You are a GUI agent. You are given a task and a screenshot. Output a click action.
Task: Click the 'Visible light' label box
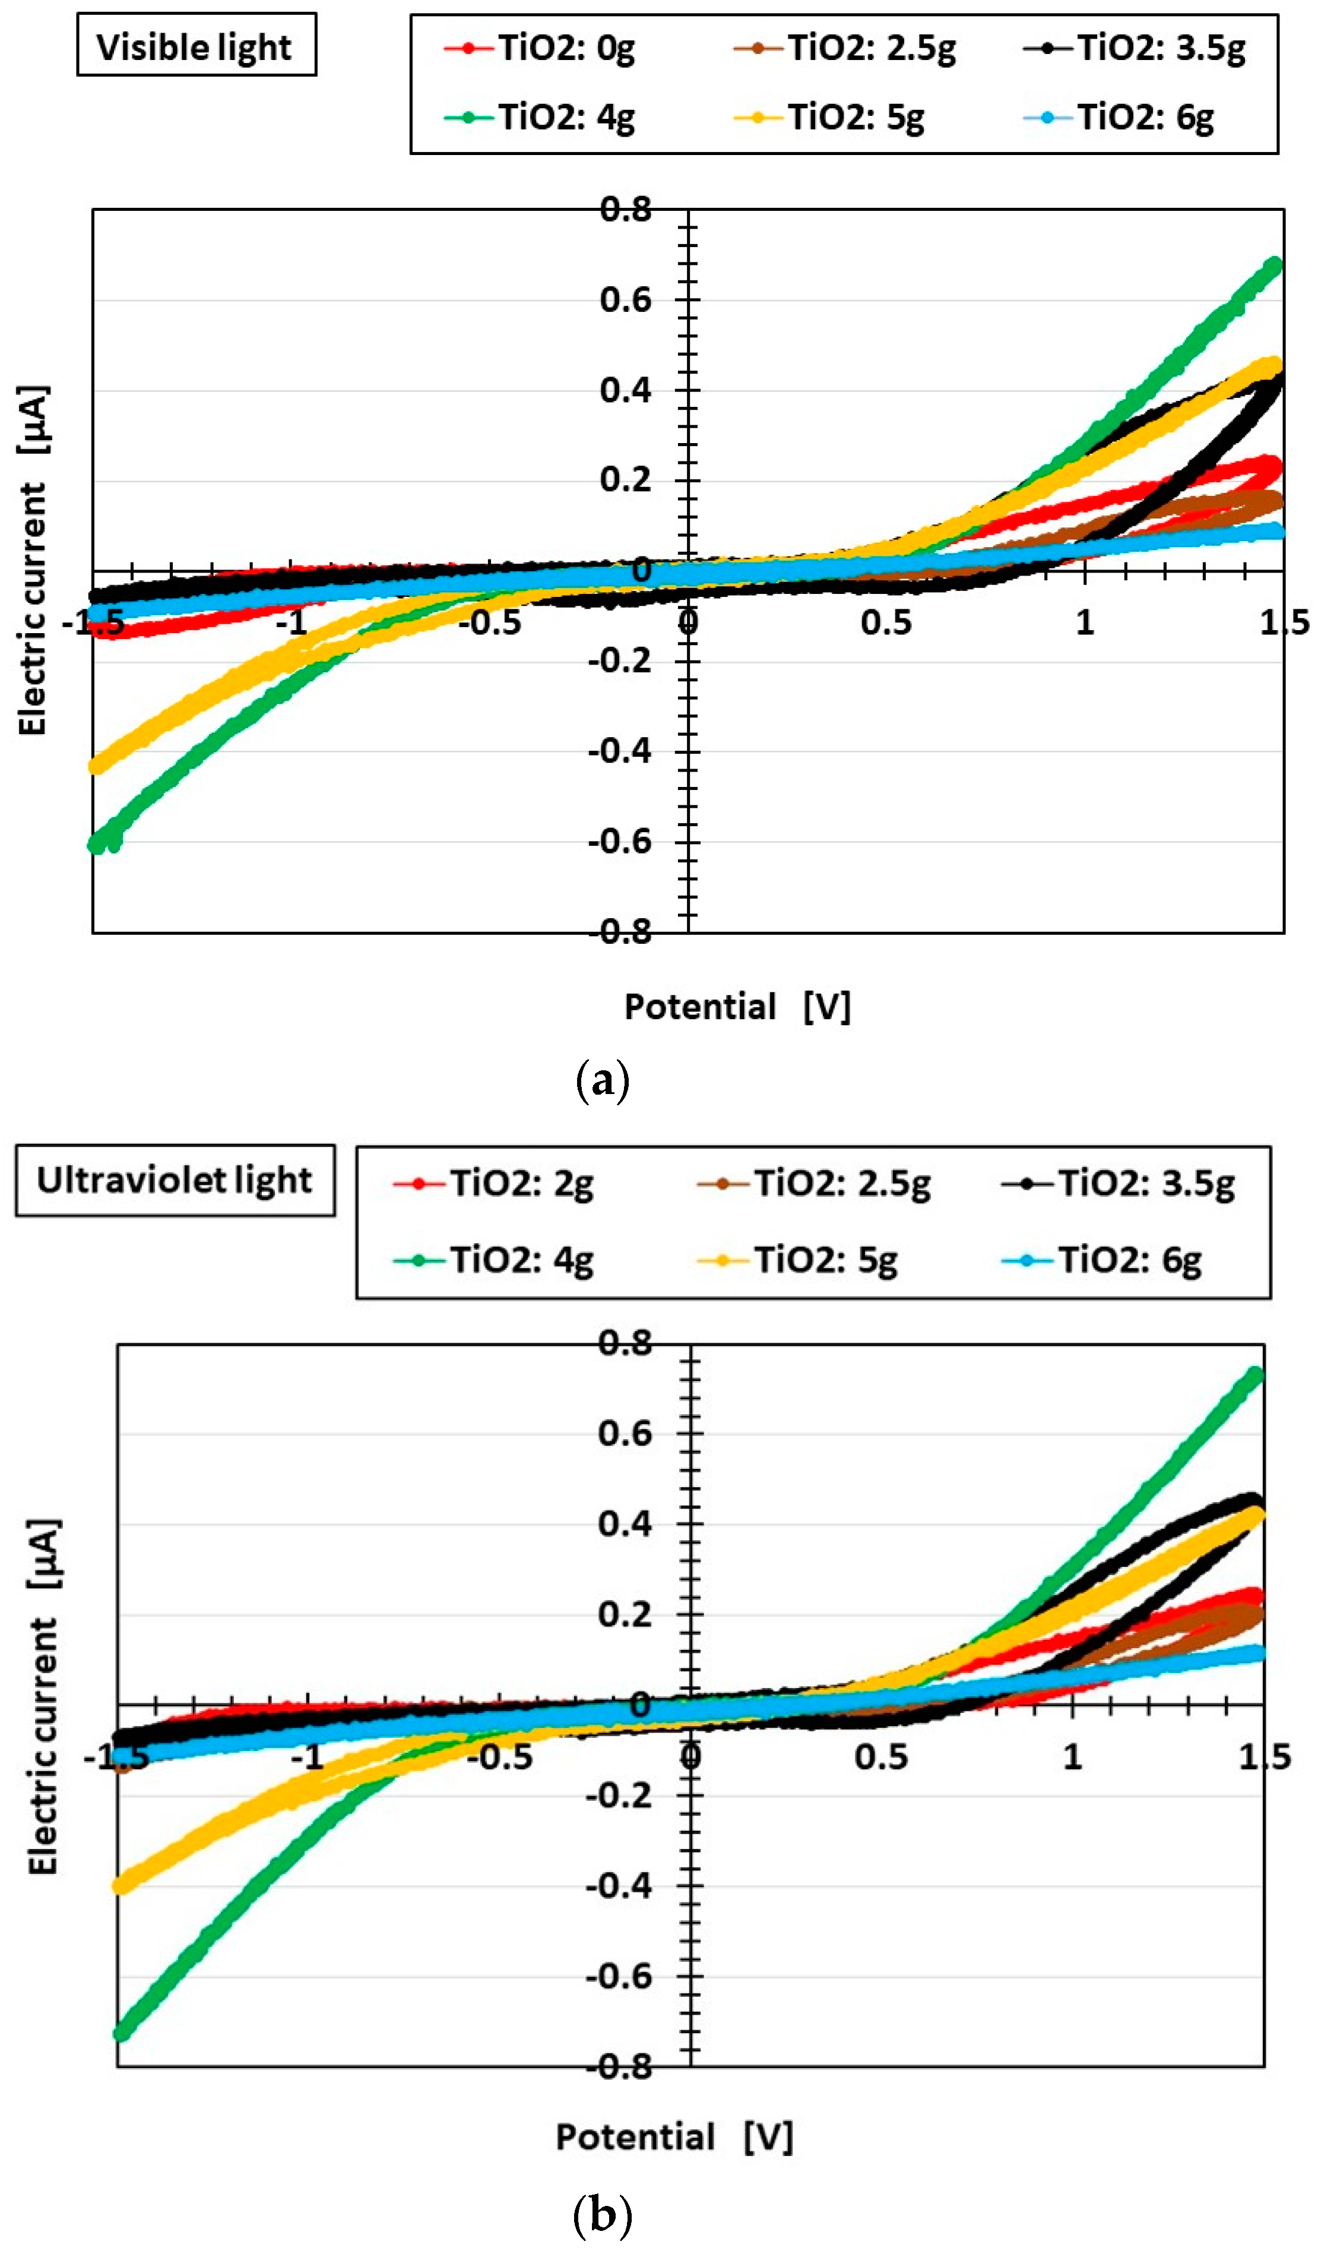pyautogui.click(x=196, y=45)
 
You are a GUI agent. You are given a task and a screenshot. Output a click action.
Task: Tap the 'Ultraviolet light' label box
pyautogui.click(x=176, y=1180)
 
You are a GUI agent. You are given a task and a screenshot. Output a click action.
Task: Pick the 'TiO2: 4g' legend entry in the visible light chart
pyautogui.click(x=540, y=116)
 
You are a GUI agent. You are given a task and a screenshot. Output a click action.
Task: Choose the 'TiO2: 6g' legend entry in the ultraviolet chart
pyautogui.click(x=1102, y=1260)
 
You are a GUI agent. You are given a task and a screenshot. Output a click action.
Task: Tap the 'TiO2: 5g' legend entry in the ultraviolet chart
pyautogui.click(x=798, y=1260)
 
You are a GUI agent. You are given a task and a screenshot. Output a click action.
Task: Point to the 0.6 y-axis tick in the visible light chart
pyautogui.click(x=626, y=300)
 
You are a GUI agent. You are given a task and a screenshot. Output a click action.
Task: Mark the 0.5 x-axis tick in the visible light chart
pyautogui.click(x=886, y=622)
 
